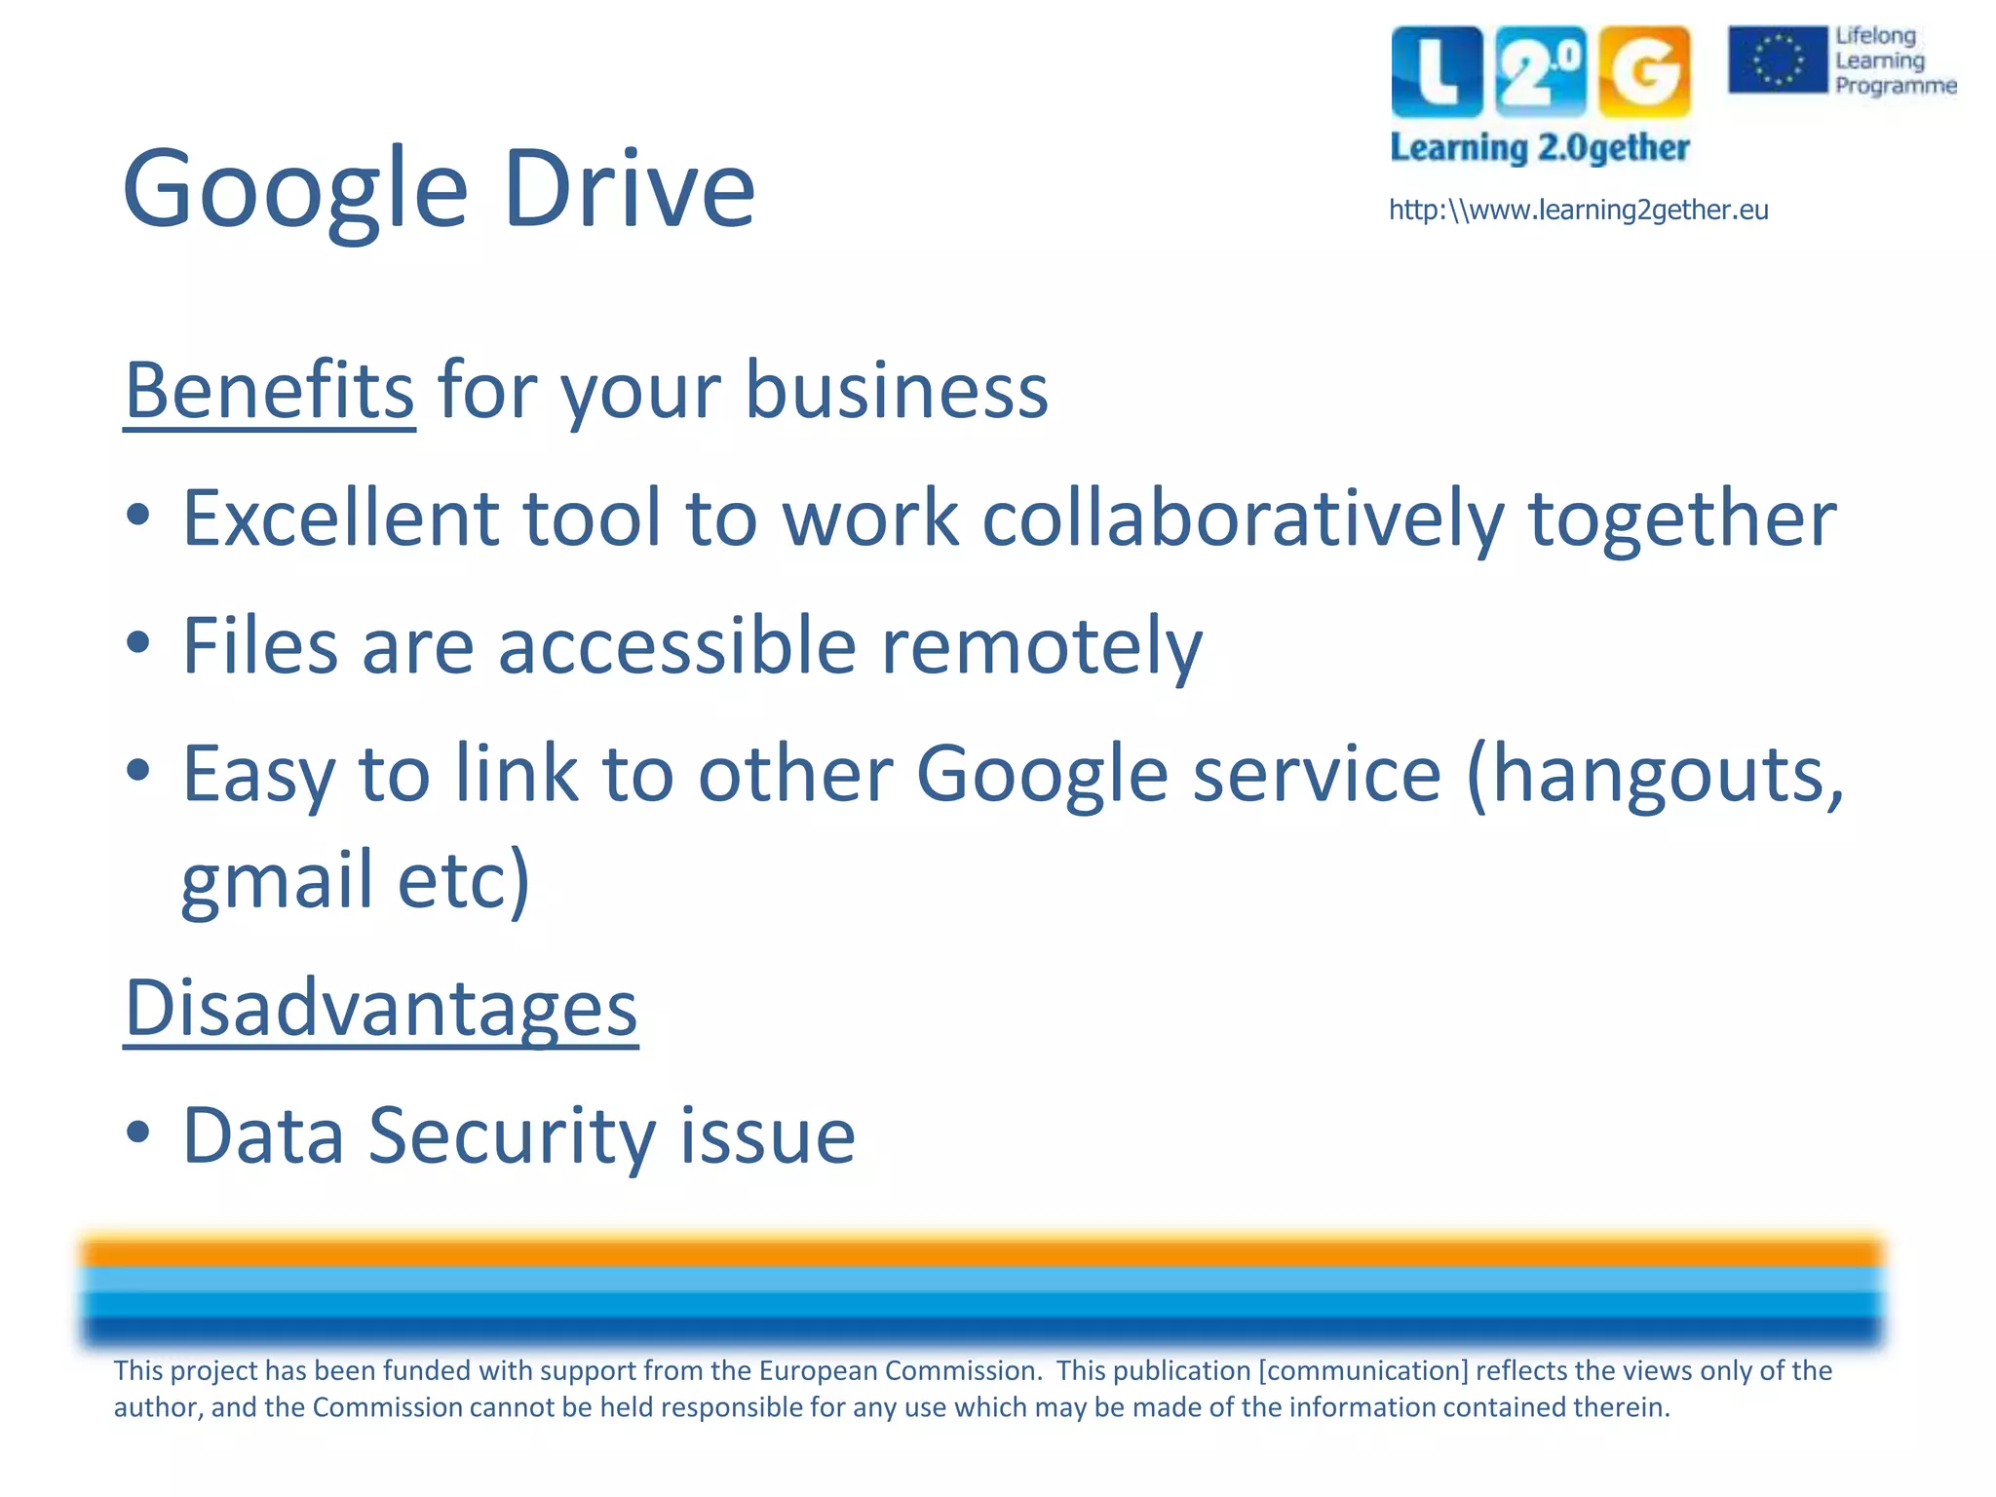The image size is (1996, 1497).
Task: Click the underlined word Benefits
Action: tap(270, 391)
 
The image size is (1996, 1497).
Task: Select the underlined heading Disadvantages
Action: tap(381, 1008)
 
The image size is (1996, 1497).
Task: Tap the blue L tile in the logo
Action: tap(1437, 71)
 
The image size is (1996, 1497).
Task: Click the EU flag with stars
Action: tap(1777, 59)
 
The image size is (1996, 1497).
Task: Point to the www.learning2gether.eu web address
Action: tap(1578, 210)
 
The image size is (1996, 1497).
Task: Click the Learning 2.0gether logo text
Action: tap(1539, 148)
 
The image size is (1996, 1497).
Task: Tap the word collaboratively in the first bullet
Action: tap(1243, 518)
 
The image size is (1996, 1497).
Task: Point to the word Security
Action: tap(512, 1135)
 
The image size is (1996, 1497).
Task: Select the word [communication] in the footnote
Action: tap(1363, 1371)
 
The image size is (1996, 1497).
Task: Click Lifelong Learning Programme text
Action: tap(1893, 60)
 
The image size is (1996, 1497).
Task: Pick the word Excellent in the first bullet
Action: tap(340, 518)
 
